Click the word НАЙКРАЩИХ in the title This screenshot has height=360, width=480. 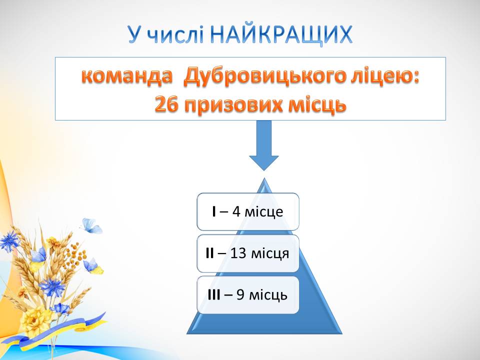tap(281, 35)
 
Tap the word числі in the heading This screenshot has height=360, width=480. tap(175, 34)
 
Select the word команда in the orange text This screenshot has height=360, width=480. tap(127, 76)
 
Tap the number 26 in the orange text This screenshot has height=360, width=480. tap(166, 104)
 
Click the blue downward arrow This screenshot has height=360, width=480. tap(264, 145)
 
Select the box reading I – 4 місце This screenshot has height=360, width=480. tap(248, 211)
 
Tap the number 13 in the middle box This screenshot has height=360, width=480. tap(238, 253)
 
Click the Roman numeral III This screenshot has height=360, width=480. tap(213, 295)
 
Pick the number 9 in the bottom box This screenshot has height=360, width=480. tap(240, 295)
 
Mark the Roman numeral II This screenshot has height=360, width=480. tap(209, 253)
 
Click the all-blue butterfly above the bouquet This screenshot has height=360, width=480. tap(91, 226)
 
